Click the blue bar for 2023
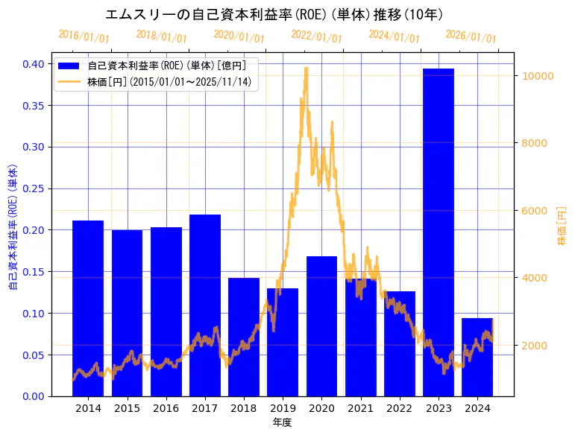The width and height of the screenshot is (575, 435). pyautogui.click(x=439, y=232)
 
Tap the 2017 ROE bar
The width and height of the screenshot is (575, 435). pyautogui.click(x=205, y=305)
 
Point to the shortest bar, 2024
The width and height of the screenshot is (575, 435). pyautogui.click(x=477, y=357)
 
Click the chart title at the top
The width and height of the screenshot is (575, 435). pyautogui.click(x=274, y=15)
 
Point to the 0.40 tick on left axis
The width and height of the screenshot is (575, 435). pyautogui.click(x=34, y=64)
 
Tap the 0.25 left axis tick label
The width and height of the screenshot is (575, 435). pyautogui.click(x=34, y=188)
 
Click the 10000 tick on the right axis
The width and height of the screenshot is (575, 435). pyautogui.click(x=537, y=76)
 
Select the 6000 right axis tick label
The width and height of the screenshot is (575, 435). pyautogui.click(x=537, y=211)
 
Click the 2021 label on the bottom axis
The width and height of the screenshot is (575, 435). pyautogui.click(x=361, y=408)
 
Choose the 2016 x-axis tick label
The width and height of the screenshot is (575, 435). pyautogui.click(x=166, y=408)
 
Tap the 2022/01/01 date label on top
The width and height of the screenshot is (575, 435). pyautogui.click(x=316, y=36)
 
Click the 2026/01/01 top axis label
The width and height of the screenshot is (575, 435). pyautogui.click(x=471, y=36)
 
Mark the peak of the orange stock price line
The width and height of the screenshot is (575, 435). pyautogui.click(x=306, y=69)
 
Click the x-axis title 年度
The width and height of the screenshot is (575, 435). pyautogui.click(x=282, y=422)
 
